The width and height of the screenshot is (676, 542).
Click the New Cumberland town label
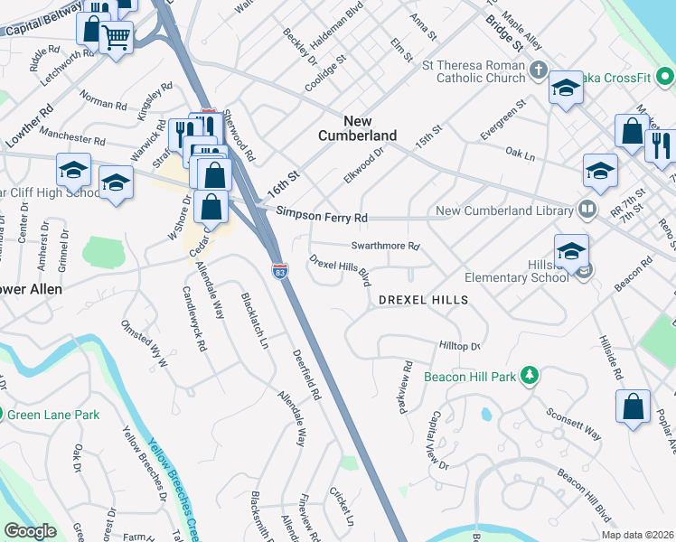357,127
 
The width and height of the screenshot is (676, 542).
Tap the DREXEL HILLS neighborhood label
423,299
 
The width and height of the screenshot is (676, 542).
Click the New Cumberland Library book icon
587,210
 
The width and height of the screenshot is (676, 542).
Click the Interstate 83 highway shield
280,269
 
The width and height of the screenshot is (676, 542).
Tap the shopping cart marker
116,38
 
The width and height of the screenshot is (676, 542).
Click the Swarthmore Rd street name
386,246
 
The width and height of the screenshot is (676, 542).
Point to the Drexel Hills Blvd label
341,270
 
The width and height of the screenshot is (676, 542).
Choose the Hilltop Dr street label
459,346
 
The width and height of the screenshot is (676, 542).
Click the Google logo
30,531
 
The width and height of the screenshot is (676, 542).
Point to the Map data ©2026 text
637,535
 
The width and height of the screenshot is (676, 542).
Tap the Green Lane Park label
53,415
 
